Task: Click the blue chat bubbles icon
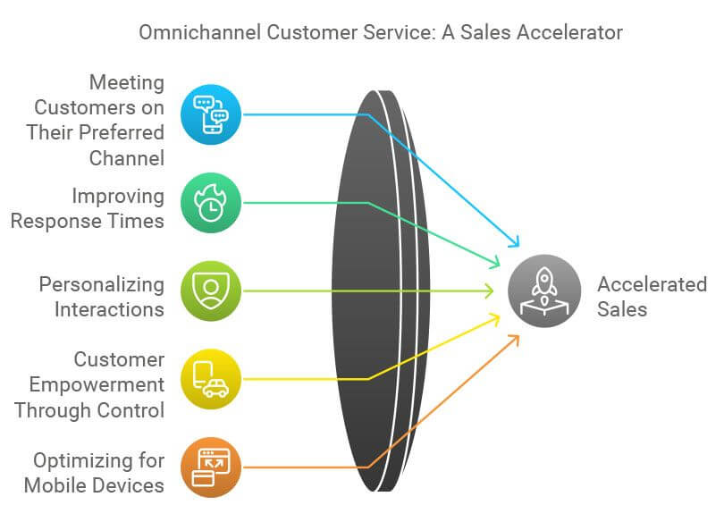(x=210, y=114)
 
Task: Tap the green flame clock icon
(x=210, y=203)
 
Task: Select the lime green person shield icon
(x=210, y=290)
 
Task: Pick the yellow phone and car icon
(x=210, y=379)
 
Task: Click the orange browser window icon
(x=210, y=467)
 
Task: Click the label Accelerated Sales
(x=652, y=298)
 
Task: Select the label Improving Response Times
(x=88, y=208)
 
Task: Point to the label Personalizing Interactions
(x=101, y=297)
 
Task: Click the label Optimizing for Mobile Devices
(x=94, y=473)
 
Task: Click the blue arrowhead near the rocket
(x=514, y=242)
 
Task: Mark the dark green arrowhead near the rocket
(x=494, y=264)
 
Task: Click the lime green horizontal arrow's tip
(x=490, y=290)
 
